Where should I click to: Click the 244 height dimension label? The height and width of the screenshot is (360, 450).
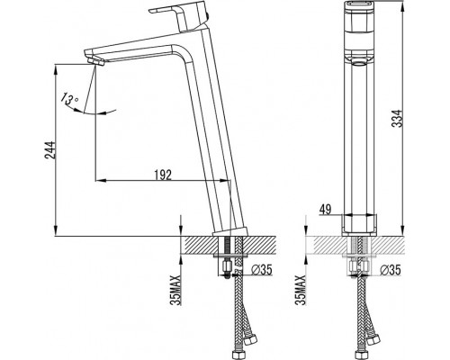pyautogui.click(x=49, y=150)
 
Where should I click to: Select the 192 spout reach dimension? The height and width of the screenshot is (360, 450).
pyautogui.click(x=163, y=175)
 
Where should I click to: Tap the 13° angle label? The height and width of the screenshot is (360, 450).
pyautogui.click(x=69, y=98)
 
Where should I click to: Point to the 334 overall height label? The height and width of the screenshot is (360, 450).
pyautogui.click(x=397, y=119)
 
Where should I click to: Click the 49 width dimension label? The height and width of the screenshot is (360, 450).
pyautogui.click(x=325, y=210)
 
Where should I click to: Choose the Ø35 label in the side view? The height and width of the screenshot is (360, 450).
pyautogui.click(x=261, y=270)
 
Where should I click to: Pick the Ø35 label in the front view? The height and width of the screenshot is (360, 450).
pyautogui.click(x=390, y=270)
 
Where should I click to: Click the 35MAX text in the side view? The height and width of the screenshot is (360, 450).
pyautogui.click(x=175, y=290)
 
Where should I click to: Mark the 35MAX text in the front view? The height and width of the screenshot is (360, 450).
pyautogui.click(x=301, y=290)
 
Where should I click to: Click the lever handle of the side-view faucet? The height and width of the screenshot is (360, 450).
pyautogui.click(x=177, y=15)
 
